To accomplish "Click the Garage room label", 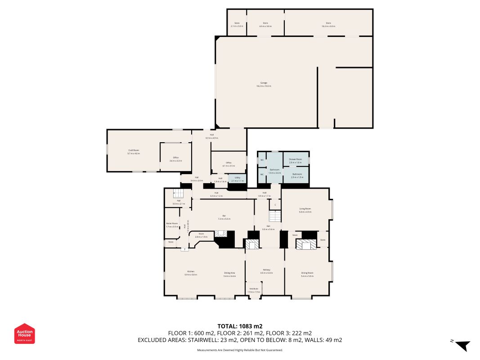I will tap(264, 84).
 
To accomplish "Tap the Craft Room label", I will tap(134, 152).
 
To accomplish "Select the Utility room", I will tap(237, 179).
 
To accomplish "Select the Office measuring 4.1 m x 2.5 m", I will tap(229, 164).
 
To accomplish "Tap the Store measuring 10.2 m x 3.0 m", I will tap(328, 24).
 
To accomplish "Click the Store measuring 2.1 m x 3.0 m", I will tap(237, 24).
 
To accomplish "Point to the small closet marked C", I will tap(275, 205).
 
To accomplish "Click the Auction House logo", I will tap(24, 333).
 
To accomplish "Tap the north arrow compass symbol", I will tap(462, 345).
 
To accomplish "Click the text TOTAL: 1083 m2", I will tap(240, 326).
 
